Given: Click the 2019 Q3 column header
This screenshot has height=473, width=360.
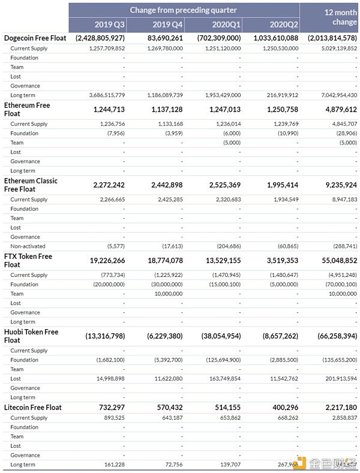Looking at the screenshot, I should [110, 25].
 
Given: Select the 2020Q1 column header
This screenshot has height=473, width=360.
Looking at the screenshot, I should [226, 25].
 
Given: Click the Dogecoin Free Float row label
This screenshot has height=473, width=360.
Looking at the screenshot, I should [35, 38].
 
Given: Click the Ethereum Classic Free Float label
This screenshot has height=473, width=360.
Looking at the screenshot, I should [31, 185].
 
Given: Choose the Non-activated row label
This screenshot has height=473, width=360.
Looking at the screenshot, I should [28, 246].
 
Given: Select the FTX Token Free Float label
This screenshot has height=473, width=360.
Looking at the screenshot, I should [28, 260].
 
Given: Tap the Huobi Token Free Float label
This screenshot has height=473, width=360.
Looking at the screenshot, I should [31, 336].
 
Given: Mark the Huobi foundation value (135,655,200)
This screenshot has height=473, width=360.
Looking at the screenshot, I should [336, 360].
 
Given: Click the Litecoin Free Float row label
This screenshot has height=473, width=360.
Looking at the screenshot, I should [33, 408].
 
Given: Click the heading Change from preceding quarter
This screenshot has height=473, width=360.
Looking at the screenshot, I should [183, 10].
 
